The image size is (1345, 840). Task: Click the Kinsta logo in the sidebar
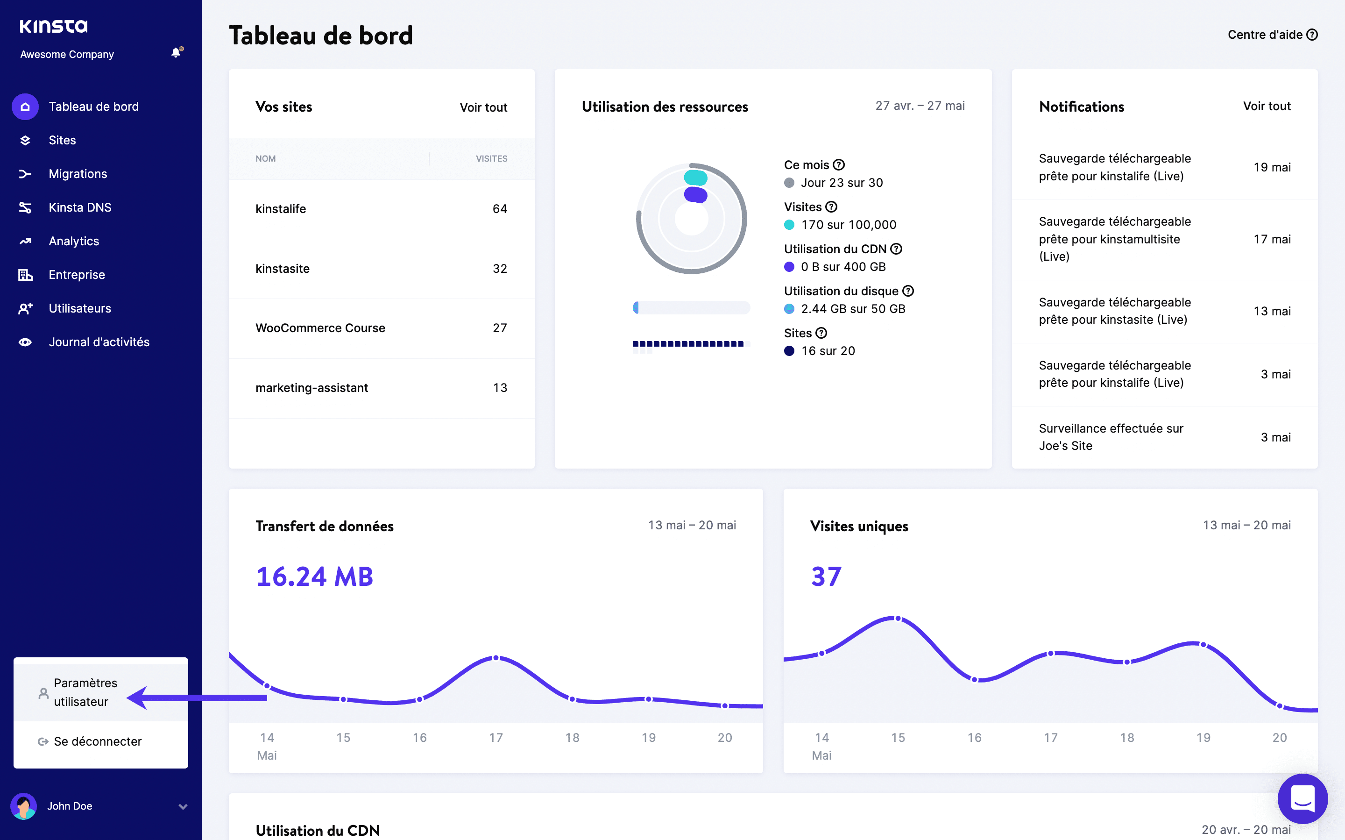click(x=53, y=26)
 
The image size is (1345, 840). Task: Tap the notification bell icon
click(x=176, y=53)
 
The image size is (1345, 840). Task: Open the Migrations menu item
click(x=78, y=174)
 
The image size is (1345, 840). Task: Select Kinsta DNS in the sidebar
click(x=80, y=207)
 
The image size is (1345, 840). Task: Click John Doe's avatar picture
click(x=24, y=806)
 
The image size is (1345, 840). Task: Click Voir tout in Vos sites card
click(x=483, y=107)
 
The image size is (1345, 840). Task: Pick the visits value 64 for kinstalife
click(x=499, y=209)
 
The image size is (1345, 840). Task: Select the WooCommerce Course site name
click(x=320, y=328)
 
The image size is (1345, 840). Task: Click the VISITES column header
click(x=491, y=159)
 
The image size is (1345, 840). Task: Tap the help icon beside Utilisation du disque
click(x=908, y=291)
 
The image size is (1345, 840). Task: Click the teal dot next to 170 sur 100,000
click(x=789, y=225)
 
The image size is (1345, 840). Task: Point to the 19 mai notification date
click(x=1272, y=167)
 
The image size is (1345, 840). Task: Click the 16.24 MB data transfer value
click(x=314, y=577)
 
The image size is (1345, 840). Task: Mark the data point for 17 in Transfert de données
click(x=496, y=658)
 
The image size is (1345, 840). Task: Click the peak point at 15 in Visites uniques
click(x=898, y=619)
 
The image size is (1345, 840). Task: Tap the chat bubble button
click(x=1302, y=799)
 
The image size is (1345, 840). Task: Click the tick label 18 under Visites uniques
click(x=1127, y=738)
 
